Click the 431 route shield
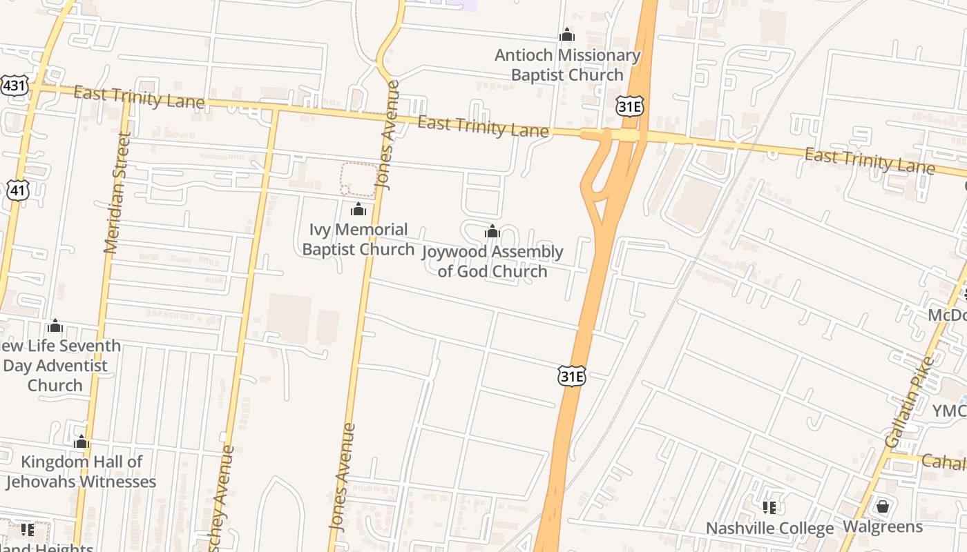[x=14, y=86]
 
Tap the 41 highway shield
[x=19, y=190]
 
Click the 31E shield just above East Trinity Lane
[x=629, y=106]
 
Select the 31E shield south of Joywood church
[x=572, y=376]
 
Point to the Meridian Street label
[x=117, y=193]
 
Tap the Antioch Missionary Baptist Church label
[x=567, y=65]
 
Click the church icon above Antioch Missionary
[x=567, y=34]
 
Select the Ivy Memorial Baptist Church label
[x=358, y=239]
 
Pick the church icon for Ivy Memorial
[x=358, y=208]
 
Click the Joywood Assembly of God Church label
[x=492, y=261]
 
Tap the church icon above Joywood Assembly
[x=492, y=231]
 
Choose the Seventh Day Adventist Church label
[x=59, y=365]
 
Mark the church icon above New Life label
[x=55, y=326]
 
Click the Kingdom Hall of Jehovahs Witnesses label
[x=82, y=471]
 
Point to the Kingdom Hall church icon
[x=82, y=442]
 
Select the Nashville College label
[x=769, y=529]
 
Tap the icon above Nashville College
[x=769, y=508]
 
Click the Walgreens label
[x=882, y=527]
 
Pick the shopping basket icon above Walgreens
[x=882, y=506]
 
